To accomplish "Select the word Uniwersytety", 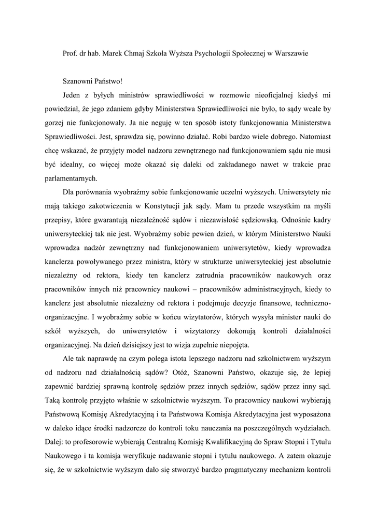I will click(x=291, y=191).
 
